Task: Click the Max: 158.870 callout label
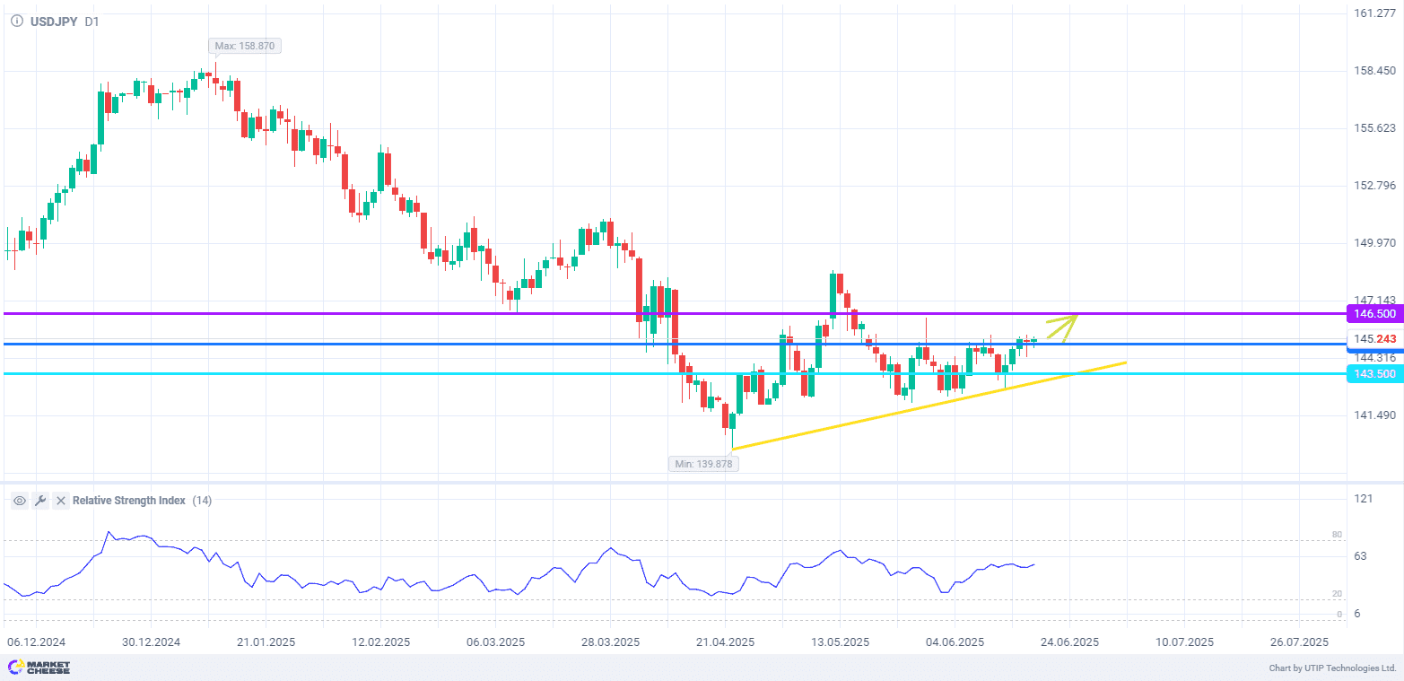[245, 46]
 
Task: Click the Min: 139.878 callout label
[702, 464]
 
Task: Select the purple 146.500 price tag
[1373, 314]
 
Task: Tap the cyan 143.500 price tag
[1373, 373]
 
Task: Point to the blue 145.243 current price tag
[1375, 339]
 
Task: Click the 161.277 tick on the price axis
[1374, 13]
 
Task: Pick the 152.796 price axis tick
[1374, 186]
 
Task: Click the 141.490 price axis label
[1374, 415]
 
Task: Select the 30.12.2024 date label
[151, 642]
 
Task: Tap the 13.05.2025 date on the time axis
[840, 642]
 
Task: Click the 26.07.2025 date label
[1298, 642]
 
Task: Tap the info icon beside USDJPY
[17, 22]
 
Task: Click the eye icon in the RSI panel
[20, 501]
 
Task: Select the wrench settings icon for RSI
[40, 501]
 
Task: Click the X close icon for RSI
[61, 501]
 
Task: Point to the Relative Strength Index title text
[128, 501]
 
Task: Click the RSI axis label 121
[1364, 499]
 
